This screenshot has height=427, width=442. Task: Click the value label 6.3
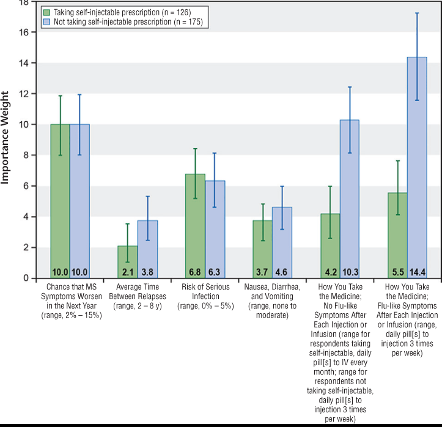click(215, 272)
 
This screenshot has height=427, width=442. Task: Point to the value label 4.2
click(330, 272)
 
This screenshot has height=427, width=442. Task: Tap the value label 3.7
click(262, 272)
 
